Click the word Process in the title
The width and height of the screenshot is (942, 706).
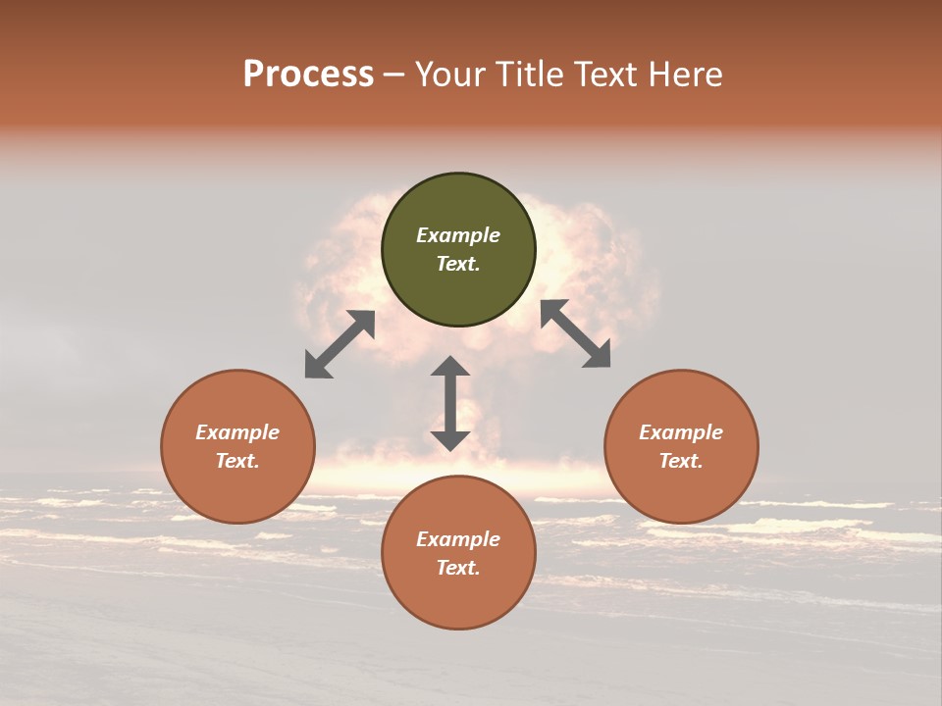(x=308, y=75)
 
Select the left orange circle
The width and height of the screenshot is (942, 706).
(x=237, y=490)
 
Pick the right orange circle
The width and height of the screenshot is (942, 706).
(x=681, y=490)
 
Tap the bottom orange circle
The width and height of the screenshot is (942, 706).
(x=458, y=598)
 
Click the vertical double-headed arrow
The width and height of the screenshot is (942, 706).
(x=450, y=403)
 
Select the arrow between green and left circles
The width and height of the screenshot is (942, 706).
(x=340, y=344)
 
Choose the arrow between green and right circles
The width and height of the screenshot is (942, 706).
(x=575, y=333)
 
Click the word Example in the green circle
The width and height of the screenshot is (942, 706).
(x=458, y=235)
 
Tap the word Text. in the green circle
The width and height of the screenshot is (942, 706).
(x=458, y=264)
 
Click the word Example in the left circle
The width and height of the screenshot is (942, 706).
(x=237, y=432)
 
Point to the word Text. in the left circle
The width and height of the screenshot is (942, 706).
(x=237, y=461)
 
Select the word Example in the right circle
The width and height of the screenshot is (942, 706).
(x=681, y=432)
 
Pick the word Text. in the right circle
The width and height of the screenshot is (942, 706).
(x=681, y=461)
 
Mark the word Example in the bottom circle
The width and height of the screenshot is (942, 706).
(x=458, y=539)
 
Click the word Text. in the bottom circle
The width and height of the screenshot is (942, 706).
(x=458, y=568)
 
